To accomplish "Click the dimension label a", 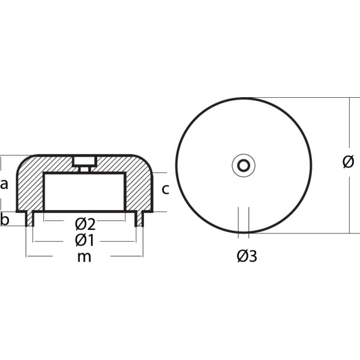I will tap(5, 184).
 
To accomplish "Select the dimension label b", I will tap(5, 220).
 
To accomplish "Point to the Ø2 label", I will tap(85, 224).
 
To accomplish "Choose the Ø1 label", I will tap(85, 241).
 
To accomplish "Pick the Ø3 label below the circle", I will tap(247, 256).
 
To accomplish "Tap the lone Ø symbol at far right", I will tap(347, 162).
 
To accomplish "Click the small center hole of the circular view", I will tap(244, 165).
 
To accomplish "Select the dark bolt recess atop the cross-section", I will tap(85, 160).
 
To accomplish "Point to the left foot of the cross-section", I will tap(29, 219).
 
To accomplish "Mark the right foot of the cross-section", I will tap(139, 219).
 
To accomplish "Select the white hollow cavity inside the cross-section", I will tap(85, 192).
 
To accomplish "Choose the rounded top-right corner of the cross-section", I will tap(145, 162).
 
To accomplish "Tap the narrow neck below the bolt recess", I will tap(85, 169).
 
